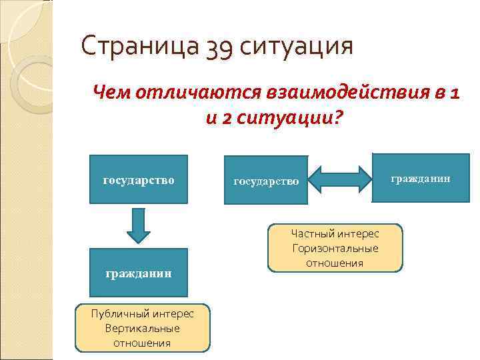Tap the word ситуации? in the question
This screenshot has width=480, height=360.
pos(296,118)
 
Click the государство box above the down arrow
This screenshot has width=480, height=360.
pos(139,179)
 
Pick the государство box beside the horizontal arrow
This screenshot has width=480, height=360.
pos(266,181)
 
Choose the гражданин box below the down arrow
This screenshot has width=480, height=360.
pos(139,273)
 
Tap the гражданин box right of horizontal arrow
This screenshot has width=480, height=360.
pos(420,179)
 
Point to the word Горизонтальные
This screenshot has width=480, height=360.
pos(335,248)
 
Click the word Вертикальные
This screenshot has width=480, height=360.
pos(143,329)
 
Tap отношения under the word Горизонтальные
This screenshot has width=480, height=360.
pos(335,263)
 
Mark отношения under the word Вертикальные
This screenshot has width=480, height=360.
pos(143,343)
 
